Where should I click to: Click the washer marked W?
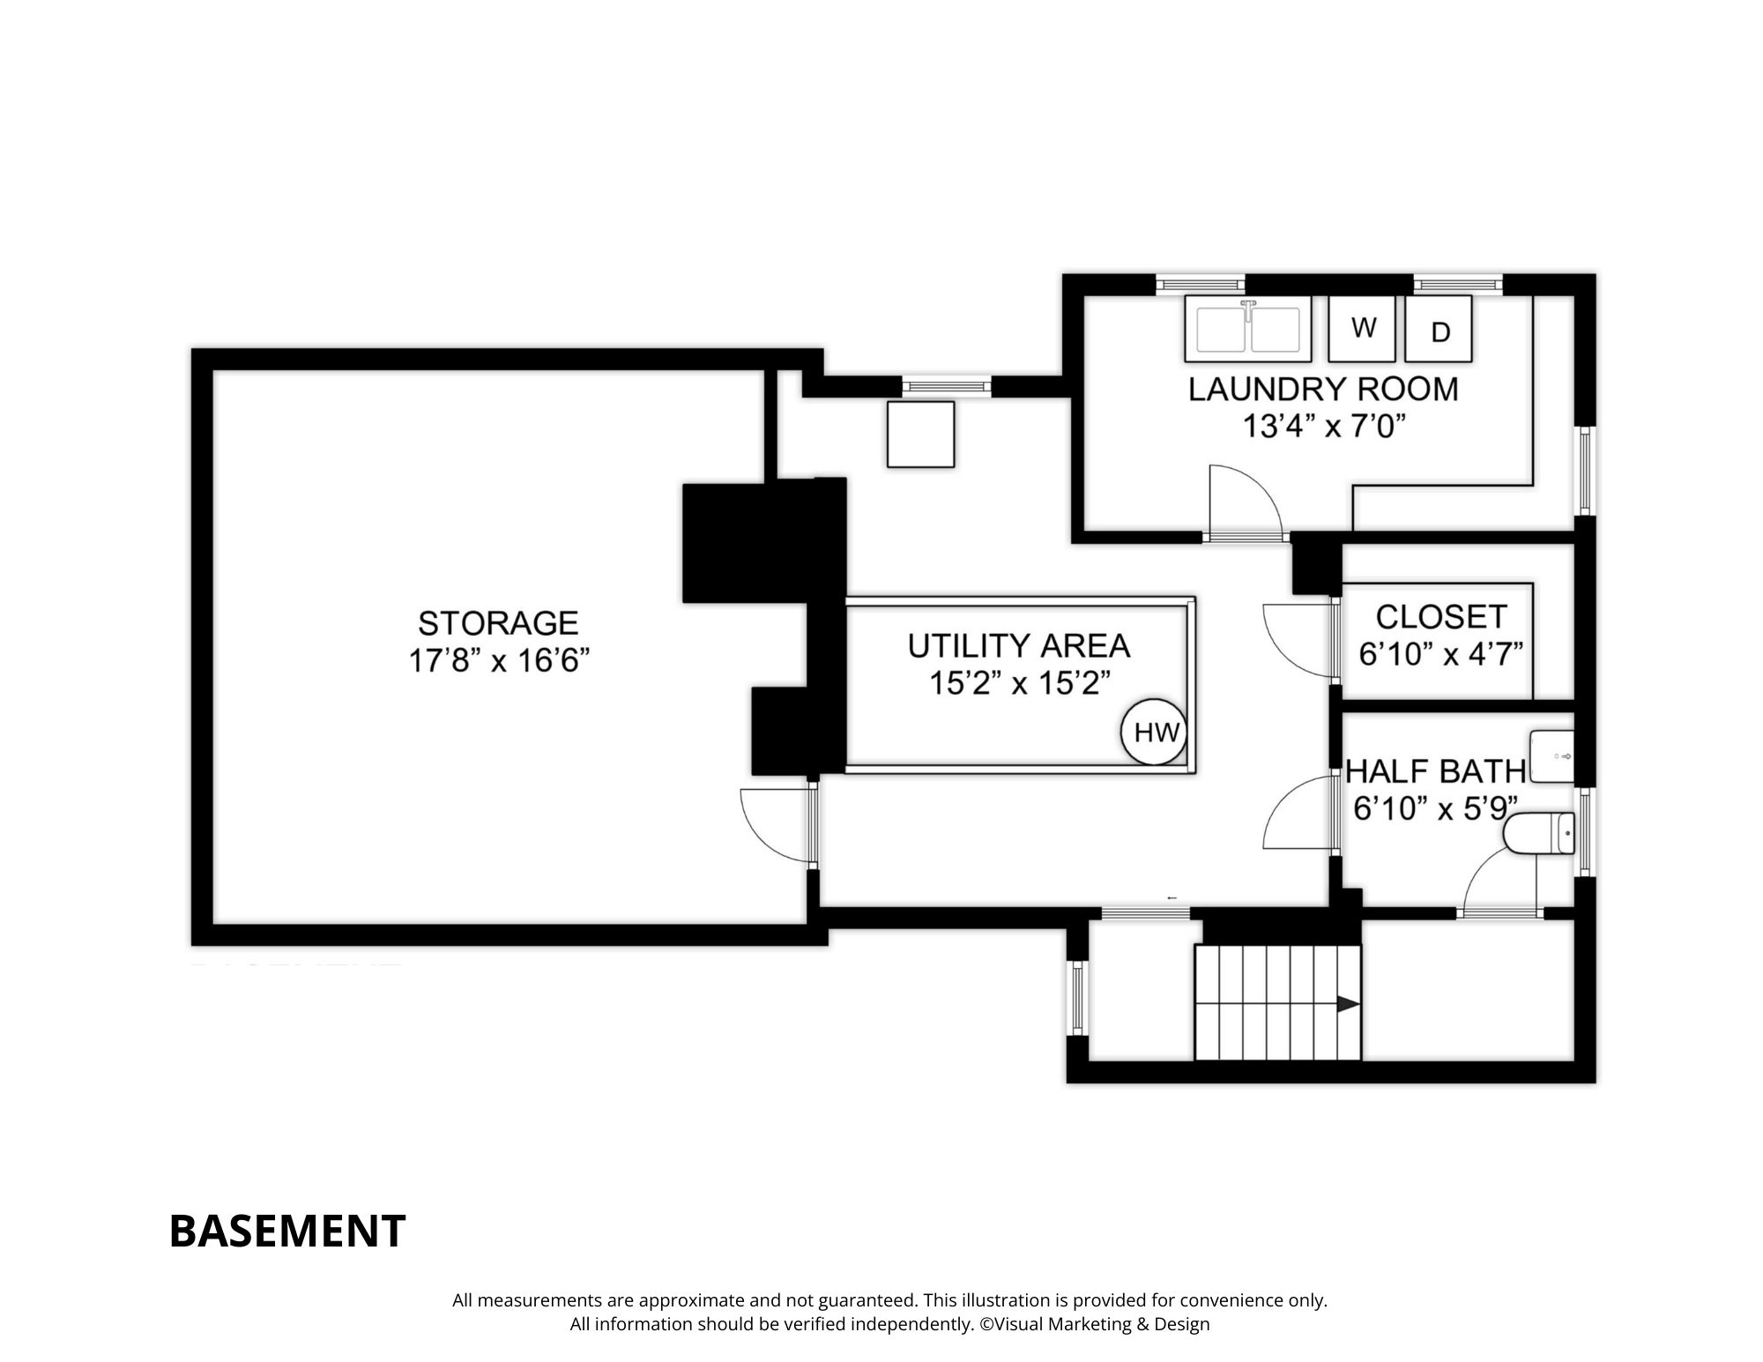tap(1362, 328)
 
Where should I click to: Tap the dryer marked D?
tap(1439, 329)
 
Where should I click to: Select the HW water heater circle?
tap(1154, 732)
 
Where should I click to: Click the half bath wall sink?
tap(1551, 756)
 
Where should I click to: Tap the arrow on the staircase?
tap(1347, 1003)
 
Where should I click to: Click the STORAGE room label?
tap(498, 623)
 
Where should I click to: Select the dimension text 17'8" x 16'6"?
tap(498, 660)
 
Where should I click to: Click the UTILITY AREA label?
tap(1018, 645)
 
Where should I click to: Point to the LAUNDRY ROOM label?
tap(1322, 389)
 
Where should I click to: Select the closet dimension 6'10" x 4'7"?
tap(1440, 655)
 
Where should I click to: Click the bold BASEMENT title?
tap(286, 1231)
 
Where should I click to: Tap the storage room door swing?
tap(774, 827)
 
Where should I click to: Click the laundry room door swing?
tap(1243, 501)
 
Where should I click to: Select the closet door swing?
tap(1298, 639)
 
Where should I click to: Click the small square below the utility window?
tap(920, 434)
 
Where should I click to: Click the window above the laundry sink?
tap(1200, 284)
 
